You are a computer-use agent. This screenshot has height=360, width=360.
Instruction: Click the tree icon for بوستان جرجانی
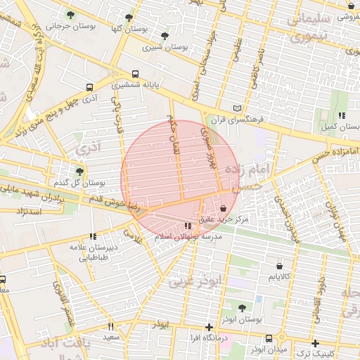click(x=70, y=14)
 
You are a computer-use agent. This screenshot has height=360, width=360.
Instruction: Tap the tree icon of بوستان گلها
click(x=128, y=18)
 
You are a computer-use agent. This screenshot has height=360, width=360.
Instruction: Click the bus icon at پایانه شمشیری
click(x=135, y=73)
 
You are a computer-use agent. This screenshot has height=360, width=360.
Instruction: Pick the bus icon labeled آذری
click(x=89, y=87)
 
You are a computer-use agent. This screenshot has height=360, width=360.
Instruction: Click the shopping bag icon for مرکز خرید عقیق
click(x=223, y=208)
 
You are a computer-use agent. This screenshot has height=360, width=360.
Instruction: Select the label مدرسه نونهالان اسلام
click(x=187, y=237)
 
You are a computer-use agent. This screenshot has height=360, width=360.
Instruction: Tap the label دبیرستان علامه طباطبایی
click(x=97, y=252)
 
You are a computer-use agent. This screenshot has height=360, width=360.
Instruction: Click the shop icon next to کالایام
click(x=280, y=266)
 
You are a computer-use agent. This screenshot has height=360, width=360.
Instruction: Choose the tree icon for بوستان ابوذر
click(x=242, y=308)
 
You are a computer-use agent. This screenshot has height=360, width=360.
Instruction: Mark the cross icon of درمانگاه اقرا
click(x=208, y=327)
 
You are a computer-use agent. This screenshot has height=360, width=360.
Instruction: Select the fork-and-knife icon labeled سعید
click(x=110, y=326)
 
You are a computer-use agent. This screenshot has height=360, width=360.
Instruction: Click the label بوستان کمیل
click(x=341, y=127)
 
